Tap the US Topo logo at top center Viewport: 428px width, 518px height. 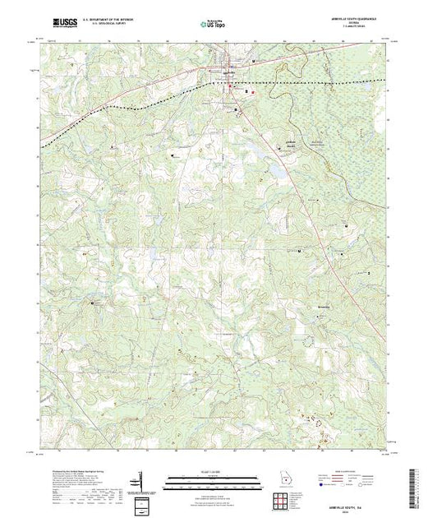point(214,25)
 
